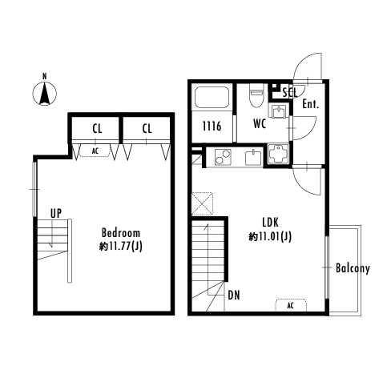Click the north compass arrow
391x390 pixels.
click(45, 94)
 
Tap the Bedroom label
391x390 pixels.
click(121, 233)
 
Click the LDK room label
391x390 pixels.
click(270, 222)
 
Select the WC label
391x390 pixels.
click(260, 123)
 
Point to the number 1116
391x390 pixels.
click(212, 126)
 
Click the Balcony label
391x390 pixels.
click(353, 268)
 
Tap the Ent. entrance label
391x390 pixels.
click(311, 104)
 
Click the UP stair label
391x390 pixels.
click(56, 213)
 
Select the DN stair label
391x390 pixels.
click(234, 295)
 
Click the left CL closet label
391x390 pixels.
click(97, 129)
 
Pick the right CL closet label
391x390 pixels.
click(147, 129)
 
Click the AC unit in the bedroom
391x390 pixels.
click(95, 151)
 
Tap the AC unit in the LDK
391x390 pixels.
click(291, 305)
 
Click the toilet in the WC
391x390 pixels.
click(256, 95)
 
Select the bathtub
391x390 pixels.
click(212, 97)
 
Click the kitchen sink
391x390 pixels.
click(253, 157)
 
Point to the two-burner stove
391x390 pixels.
click(223, 157)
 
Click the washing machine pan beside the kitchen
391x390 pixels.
click(279, 155)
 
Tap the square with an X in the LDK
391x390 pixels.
click(203, 203)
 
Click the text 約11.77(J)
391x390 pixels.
click(121, 246)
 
